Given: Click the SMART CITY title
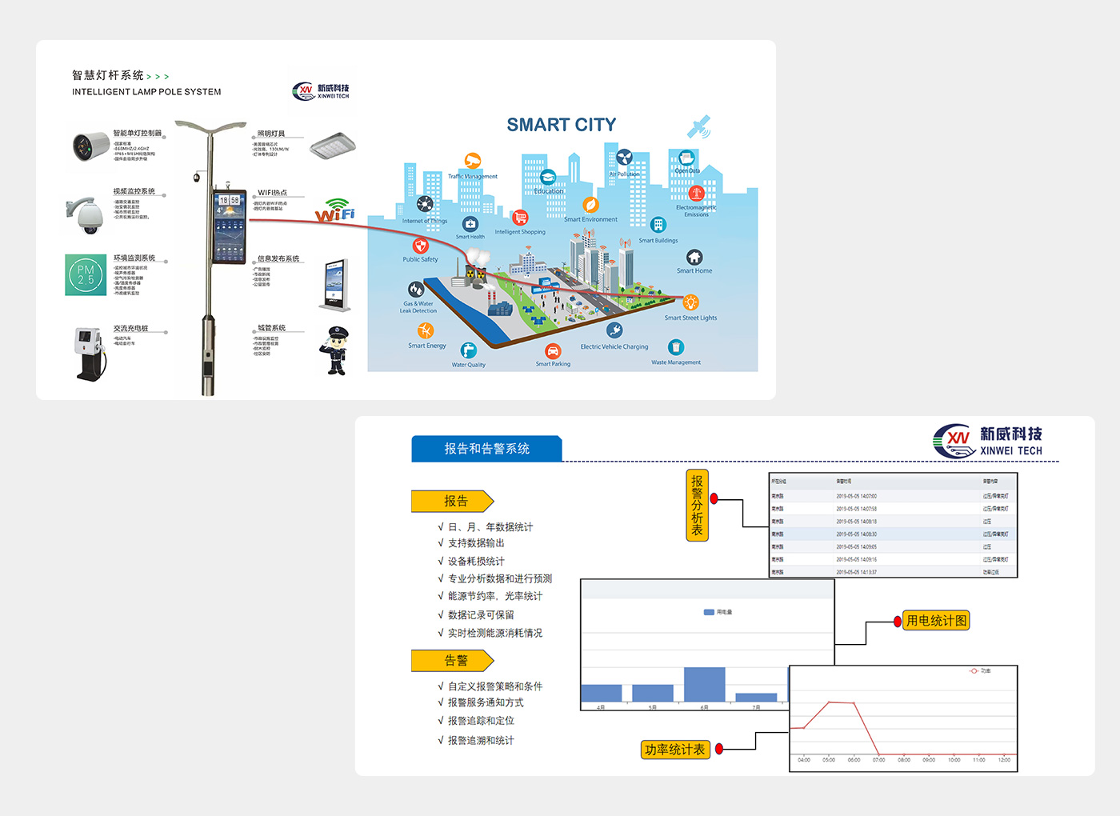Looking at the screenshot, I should [561, 125].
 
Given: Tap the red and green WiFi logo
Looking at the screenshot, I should [335, 213].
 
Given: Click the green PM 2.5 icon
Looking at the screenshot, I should [86, 274].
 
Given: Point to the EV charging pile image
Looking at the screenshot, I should [90, 353].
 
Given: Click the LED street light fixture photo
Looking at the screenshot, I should [332, 146].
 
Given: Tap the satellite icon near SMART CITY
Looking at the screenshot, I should [698, 126].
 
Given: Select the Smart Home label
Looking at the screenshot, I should [694, 270].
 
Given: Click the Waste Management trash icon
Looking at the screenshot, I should [676, 347].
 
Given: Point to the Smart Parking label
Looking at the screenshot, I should [553, 364].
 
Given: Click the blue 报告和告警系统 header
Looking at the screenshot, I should [486, 449].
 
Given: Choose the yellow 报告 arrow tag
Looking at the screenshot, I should [453, 502].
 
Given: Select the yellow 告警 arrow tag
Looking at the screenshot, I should [453, 661].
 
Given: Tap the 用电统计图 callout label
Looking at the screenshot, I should [936, 621].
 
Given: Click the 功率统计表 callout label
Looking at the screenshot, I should [675, 750].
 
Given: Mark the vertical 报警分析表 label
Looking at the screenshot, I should [697, 506].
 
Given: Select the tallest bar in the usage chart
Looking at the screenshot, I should [704, 685].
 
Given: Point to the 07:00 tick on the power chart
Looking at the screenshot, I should [878, 760].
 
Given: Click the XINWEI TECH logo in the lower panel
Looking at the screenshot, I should [989, 441].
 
